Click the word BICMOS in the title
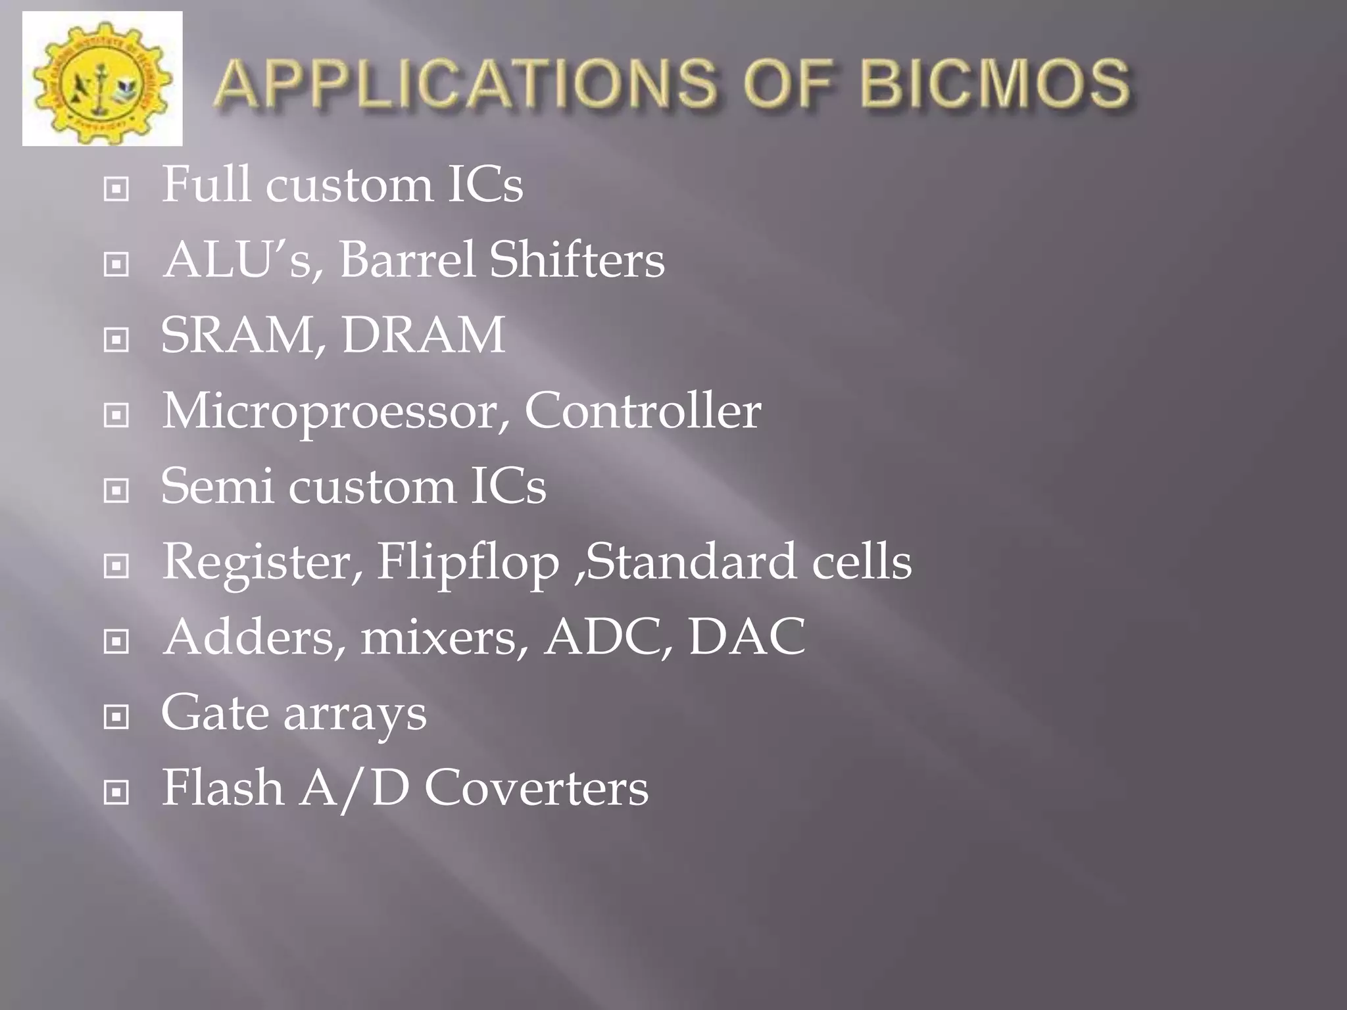coord(995,84)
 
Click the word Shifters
coord(577,260)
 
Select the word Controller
coord(643,411)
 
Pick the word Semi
coord(216,487)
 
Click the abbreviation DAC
coord(747,637)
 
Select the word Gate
coord(214,713)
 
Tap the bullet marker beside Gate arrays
coord(116,717)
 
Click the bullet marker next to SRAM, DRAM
coord(116,340)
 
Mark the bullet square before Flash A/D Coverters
coord(116,792)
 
